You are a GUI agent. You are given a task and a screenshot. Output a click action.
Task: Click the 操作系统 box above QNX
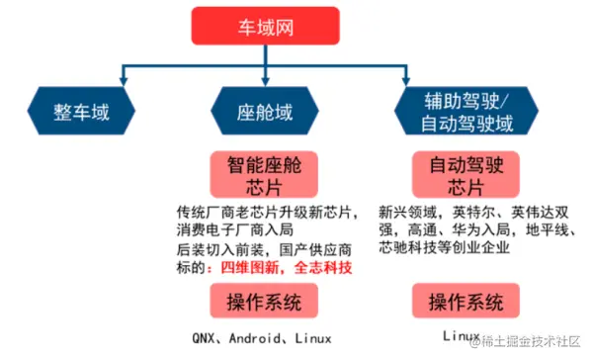click(x=265, y=301)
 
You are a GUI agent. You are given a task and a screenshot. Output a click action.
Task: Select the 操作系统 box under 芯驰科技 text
click(x=465, y=301)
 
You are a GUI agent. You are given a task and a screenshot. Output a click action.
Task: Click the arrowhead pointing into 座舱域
click(x=266, y=76)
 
